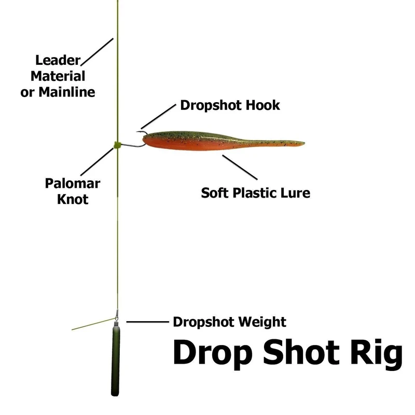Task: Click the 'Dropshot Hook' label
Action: pyautogui.click(x=230, y=105)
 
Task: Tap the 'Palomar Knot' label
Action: pyautogui.click(x=72, y=190)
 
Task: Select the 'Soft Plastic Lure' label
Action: pyautogui.click(x=255, y=193)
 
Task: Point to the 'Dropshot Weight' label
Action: pyautogui.click(x=229, y=322)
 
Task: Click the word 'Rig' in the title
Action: pyautogui.click(x=376, y=353)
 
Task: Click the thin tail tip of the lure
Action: pyautogui.click(x=301, y=142)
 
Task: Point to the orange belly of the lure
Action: pyautogui.click(x=192, y=147)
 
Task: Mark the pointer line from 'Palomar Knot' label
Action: pyautogui.click(x=96, y=161)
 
